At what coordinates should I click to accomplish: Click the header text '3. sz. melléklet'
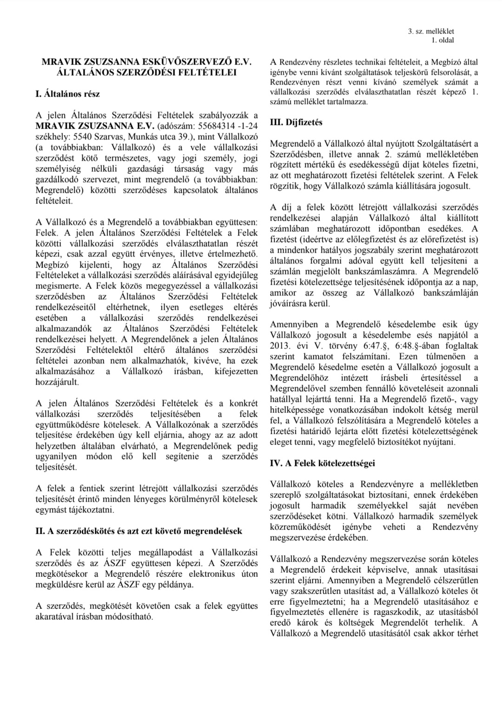430,31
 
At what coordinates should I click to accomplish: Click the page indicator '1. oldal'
443,40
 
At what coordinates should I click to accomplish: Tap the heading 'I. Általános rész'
67,94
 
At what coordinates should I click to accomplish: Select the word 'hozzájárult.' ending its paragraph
57,382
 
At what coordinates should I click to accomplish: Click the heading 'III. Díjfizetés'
296,123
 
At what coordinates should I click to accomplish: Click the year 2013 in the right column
278,346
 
